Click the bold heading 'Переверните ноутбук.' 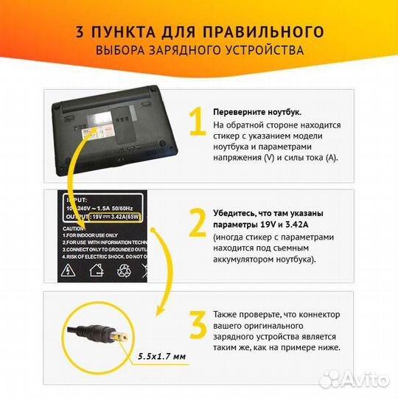click(x=256, y=112)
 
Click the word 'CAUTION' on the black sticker click(x=80, y=228)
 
